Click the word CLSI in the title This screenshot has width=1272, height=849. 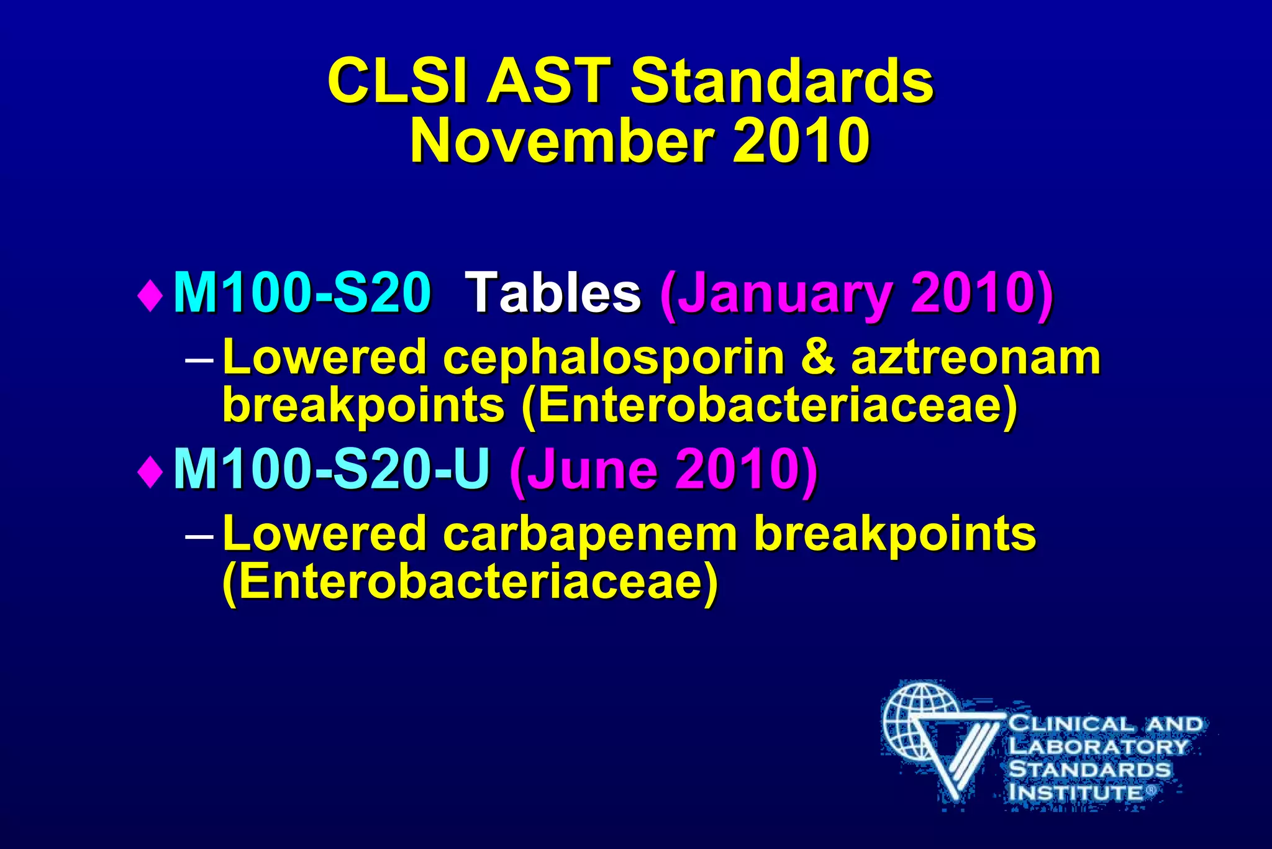tap(396, 81)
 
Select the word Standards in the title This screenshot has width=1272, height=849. tap(782, 81)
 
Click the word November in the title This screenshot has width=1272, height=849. tap(561, 142)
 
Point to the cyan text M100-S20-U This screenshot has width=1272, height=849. tap(332, 469)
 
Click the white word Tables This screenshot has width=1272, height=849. tap(553, 293)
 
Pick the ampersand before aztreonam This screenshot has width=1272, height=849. tap(818, 357)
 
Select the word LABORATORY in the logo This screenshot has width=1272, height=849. tap(1097, 746)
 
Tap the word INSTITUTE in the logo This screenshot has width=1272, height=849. tap(1075, 792)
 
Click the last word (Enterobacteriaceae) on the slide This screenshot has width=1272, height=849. tap(470, 582)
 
